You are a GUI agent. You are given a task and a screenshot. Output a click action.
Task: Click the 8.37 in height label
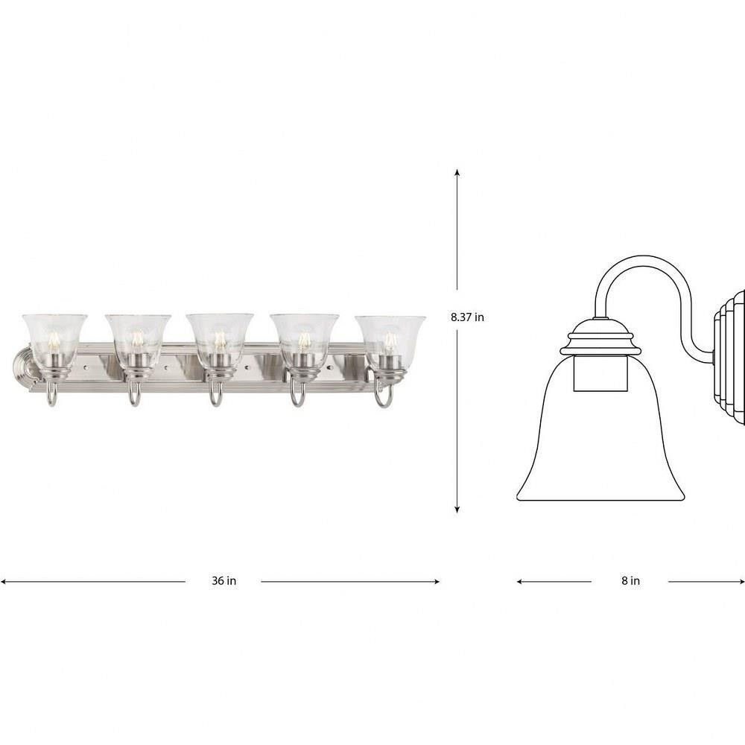coord(467,317)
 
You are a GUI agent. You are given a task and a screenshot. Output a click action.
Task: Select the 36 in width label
coord(223,580)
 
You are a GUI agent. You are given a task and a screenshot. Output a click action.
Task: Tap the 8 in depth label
coord(630,580)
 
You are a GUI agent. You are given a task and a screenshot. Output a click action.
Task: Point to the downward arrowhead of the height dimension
coord(457,510)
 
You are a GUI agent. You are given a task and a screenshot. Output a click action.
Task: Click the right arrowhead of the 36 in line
coord(436,581)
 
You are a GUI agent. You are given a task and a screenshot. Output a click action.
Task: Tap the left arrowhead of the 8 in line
coord(521,581)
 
